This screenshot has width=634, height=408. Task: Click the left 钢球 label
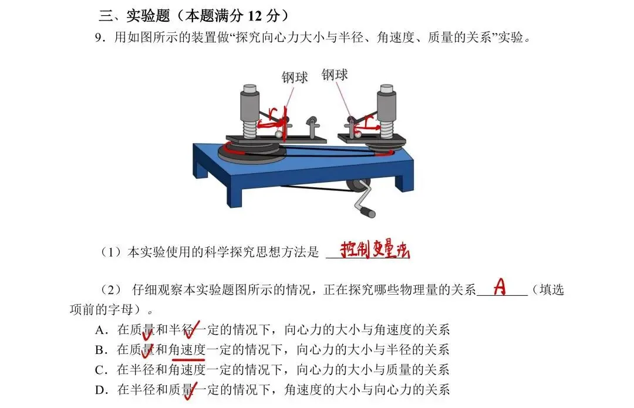pos(294,77)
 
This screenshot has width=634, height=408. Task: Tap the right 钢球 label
pos(335,75)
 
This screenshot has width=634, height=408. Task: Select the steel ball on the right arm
pos(358,135)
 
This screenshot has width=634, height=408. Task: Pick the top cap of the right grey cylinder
pos(386,89)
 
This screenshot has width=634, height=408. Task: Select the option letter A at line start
pos(99,330)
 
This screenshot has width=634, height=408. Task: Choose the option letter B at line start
pos(99,350)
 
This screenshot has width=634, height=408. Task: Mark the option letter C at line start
pos(99,370)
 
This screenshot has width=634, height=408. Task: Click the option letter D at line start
pos(99,390)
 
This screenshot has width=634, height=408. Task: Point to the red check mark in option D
pos(189,392)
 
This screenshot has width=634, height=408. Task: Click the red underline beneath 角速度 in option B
pos(188,358)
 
